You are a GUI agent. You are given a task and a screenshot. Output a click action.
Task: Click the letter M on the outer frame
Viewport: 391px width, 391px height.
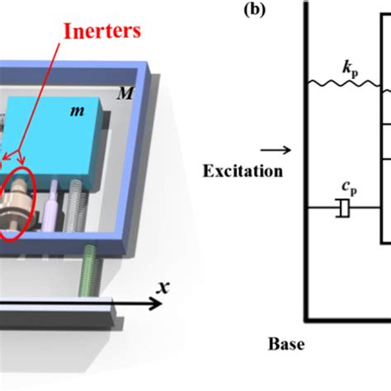(125, 95)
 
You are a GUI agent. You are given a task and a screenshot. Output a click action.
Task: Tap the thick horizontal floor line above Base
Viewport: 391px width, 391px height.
(346, 318)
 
